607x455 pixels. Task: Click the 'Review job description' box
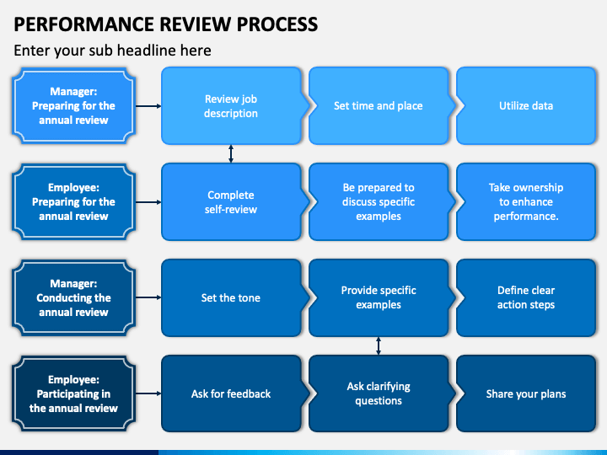pos(231,106)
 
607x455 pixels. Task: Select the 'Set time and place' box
pos(379,106)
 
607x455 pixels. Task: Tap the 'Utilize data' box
pos(526,106)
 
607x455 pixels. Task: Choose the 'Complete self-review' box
pos(231,202)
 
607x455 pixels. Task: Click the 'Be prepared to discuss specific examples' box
pos(379,202)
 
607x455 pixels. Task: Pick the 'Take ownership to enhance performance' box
pos(526,202)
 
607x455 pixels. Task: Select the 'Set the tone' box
pos(231,298)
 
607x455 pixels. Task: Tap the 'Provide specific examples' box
pos(379,298)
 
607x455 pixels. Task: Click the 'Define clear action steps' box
pos(526,298)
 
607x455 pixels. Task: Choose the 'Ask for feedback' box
pos(231,393)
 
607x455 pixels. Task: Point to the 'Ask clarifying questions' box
pos(379,393)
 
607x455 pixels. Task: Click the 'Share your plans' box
pos(526,393)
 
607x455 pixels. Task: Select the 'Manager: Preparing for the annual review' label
pos(73,106)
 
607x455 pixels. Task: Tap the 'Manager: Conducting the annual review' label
pos(73,298)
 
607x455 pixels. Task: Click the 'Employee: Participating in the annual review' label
pos(73,393)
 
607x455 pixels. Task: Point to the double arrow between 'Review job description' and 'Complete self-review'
pos(231,154)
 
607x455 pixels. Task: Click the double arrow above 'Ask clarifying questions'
pos(379,346)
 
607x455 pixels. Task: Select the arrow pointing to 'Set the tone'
pos(148,297)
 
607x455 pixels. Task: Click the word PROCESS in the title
pos(277,24)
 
